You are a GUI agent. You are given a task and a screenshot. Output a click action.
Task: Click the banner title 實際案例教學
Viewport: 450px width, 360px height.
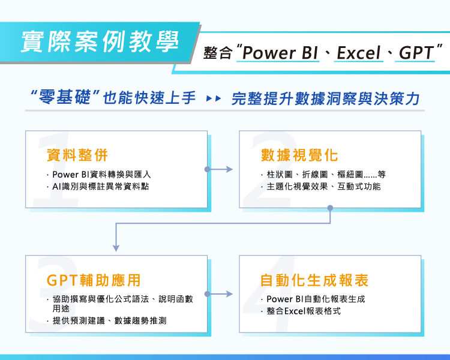click(x=100, y=40)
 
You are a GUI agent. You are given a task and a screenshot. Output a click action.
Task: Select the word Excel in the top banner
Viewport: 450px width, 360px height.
click(x=359, y=53)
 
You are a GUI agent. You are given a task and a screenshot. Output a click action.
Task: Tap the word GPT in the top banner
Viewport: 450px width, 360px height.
click(x=416, y=53)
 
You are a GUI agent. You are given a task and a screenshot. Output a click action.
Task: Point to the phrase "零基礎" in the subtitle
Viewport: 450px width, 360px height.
click(x=65, y=98)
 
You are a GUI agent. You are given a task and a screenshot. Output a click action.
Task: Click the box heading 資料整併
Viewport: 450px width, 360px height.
click(x=77, y=155)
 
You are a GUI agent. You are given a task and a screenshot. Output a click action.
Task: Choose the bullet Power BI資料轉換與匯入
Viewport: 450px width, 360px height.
click(x=102, y=175)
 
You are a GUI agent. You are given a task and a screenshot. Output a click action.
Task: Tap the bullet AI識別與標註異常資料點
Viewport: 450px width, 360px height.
click(x=101, y=187)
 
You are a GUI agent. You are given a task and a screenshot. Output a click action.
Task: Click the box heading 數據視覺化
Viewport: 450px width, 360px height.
click(x=300, y=155)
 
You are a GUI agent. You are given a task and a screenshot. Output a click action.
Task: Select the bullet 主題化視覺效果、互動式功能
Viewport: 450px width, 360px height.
click(x=323, y=187)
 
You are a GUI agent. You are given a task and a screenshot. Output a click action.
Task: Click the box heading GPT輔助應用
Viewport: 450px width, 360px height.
click(x=94, y=280)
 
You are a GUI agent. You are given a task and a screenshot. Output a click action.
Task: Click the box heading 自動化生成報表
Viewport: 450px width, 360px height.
click(x=314, y=280)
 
